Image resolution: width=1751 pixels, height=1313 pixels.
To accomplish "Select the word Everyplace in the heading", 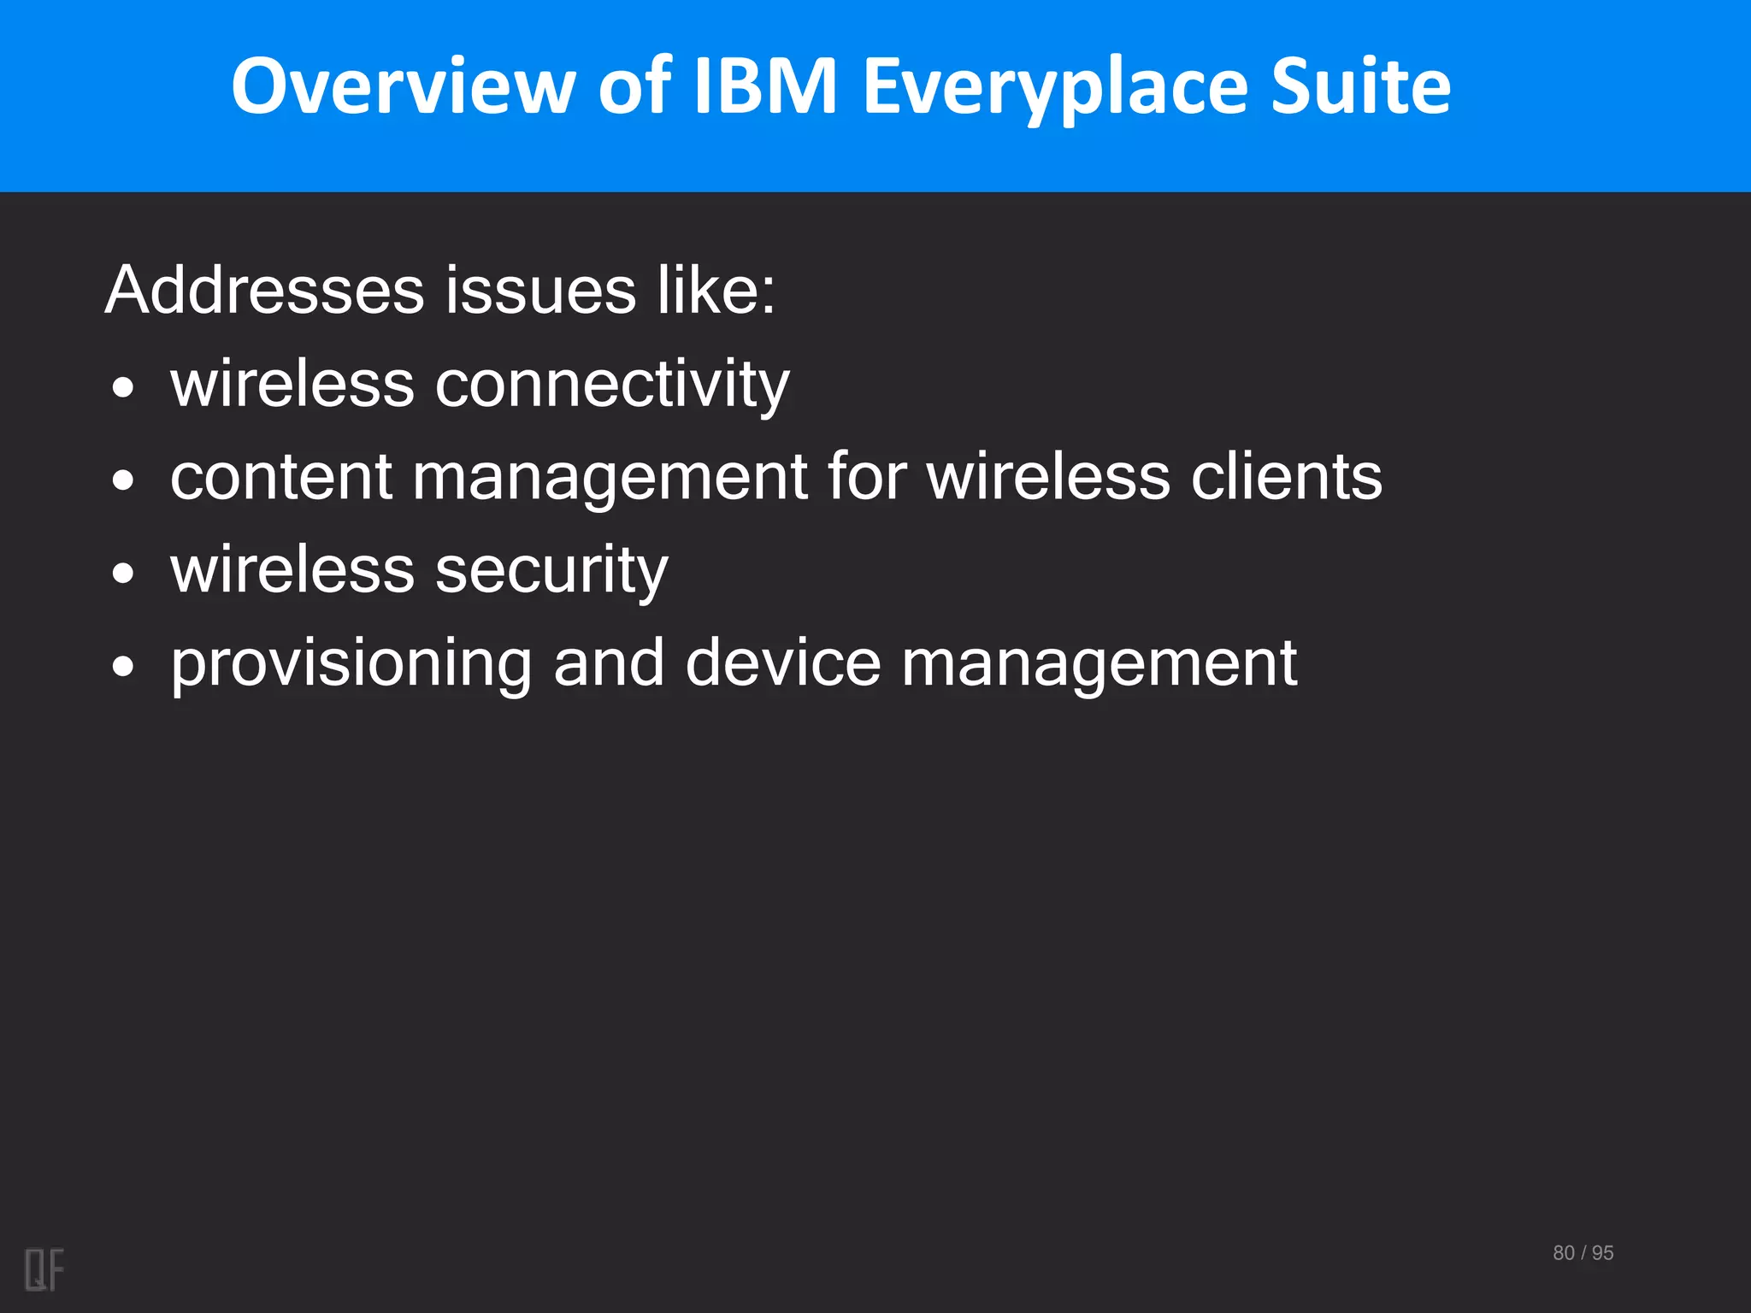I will click(1055, 87).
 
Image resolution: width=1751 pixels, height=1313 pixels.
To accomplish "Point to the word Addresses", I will click(265, 291).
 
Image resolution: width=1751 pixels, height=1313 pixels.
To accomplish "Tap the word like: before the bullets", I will click(716, 291).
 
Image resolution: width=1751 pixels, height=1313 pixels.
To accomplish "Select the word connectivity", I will click(612, 385).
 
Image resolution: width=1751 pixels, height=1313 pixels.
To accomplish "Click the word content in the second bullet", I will click(281, 477).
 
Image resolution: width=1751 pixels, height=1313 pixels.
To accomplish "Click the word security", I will click(551, 571).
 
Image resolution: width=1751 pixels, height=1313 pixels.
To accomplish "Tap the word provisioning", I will click(351, 665).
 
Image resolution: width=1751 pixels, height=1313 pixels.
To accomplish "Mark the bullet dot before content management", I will click(124, 480).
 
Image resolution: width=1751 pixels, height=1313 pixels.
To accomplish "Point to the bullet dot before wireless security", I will click(124, 574).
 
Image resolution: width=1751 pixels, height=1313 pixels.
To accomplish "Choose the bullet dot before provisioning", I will click(124, 667).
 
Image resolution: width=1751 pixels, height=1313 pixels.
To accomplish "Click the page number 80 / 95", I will click(1583, 1253).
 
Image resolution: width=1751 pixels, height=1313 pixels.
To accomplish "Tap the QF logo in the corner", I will click(44, 1269).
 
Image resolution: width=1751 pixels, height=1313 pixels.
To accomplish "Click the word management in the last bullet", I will click(1099, 665).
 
